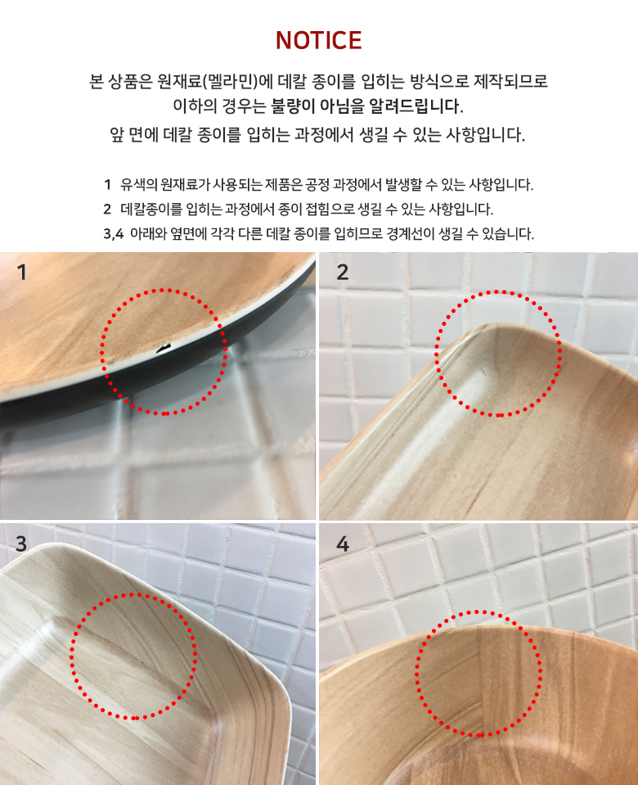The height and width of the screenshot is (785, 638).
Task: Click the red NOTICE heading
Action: (319, 41)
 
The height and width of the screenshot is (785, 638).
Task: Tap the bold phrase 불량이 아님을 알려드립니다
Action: (366, 106)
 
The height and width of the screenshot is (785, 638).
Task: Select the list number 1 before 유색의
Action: (108, 185)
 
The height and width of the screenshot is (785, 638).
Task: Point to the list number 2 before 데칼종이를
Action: (108, 209)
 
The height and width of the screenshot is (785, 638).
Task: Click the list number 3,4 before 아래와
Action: (114, 233)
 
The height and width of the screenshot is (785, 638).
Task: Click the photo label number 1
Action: (21, 273)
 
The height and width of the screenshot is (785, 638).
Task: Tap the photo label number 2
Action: (342, 272)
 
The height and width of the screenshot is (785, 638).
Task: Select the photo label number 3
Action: (21, 544)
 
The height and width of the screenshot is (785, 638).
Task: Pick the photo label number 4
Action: (342, 544)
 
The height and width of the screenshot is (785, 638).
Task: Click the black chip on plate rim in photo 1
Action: (163, 347)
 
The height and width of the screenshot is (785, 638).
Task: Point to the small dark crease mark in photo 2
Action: (483, 372)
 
